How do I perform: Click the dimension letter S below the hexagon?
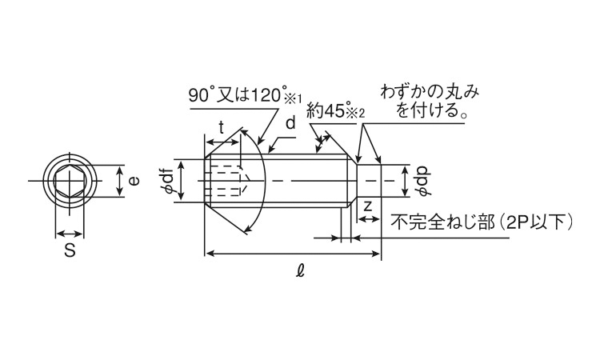click(70, 250)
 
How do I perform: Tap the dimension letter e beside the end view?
click(134, 181)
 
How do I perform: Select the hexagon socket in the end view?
click(70, 181)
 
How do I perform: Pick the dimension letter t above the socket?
click(222, 127)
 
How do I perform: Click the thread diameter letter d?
click(291, 123)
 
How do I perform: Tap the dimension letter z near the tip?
click(368, 206)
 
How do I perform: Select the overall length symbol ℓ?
click(301, 271)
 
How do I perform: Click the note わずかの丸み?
click(430, 92)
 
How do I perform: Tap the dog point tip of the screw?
click(369, 181)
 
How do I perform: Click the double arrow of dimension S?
click(70, 234)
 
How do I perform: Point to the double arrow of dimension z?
click(368, 219)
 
